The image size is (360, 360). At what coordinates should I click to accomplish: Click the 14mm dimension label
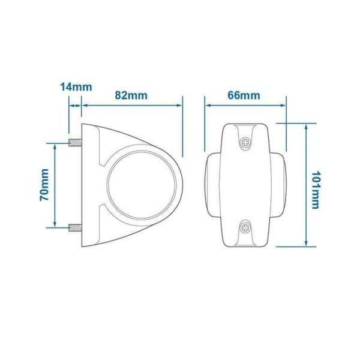(x=76, y=86)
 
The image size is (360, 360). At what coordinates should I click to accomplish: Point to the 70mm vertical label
(x=44, y=185)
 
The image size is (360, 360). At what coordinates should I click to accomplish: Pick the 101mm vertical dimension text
(x=317, y=185)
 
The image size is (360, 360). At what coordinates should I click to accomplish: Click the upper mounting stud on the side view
(x=76, y=143)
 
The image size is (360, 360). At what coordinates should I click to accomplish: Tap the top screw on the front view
(x=246, y=142)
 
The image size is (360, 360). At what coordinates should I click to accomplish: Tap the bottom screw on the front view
(x=246, y=227)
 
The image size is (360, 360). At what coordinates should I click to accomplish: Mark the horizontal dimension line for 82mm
(x=132, y=105)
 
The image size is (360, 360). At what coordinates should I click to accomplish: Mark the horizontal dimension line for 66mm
(x=245, y=105)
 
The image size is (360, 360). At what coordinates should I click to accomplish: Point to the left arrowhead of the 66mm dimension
(x=209, y=105)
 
